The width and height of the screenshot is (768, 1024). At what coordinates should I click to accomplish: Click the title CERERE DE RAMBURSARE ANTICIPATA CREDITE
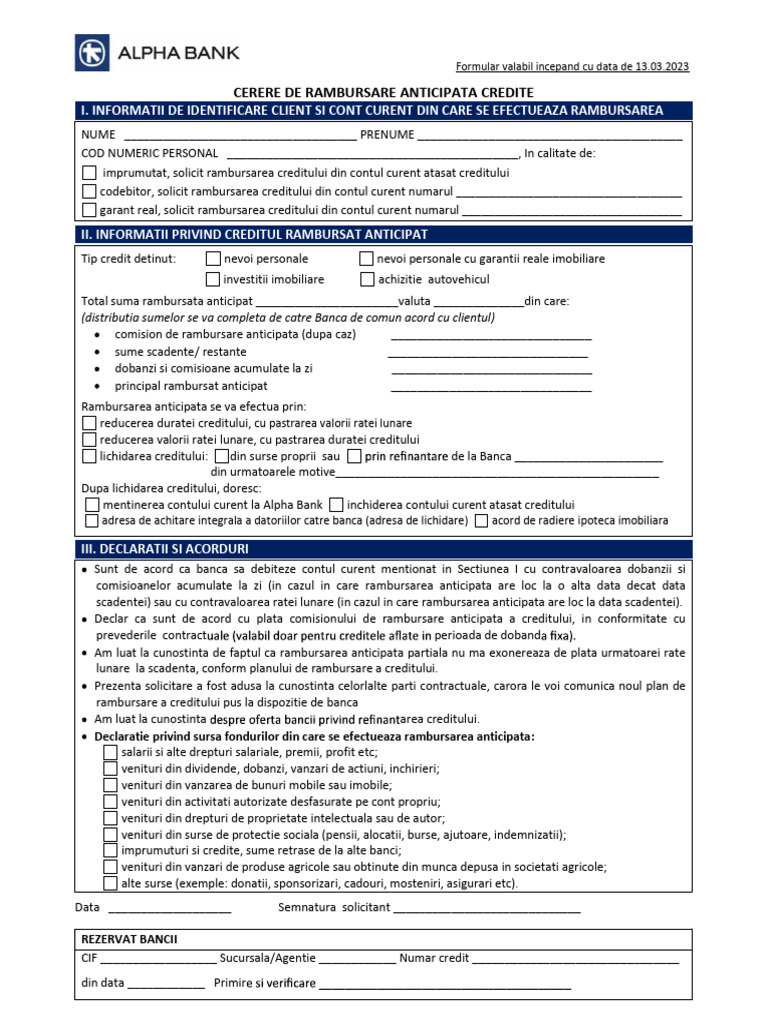[x=383, y=91]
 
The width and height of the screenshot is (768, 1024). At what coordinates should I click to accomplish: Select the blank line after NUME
[x=238, y=135]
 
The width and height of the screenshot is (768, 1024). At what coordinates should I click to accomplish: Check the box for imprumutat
[x=90, y=173]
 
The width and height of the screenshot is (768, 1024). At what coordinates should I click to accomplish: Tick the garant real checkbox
[x=90, y=210]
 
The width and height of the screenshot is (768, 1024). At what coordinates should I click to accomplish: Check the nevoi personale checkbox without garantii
[x=213, y=259]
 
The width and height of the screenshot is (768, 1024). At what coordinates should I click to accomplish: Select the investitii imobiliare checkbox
[x=213, y=279]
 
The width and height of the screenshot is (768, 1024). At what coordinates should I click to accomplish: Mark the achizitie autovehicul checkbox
[x=367, y=279]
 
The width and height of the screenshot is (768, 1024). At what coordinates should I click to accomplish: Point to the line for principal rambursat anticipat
[x=491, y=387]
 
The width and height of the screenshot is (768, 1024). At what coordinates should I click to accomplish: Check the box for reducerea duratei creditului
[x=89, y=423]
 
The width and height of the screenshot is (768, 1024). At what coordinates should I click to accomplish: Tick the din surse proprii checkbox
[x=221, y=456]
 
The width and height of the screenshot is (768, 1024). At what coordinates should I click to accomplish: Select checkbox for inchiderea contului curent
[x=336, y=505]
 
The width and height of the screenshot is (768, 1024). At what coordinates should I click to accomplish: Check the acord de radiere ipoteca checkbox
[x=482, y=521]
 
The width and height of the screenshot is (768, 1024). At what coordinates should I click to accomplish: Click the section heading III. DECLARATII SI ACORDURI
[x=165, y=549]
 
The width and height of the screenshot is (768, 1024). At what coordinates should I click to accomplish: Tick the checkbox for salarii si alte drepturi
[x=110, y=752]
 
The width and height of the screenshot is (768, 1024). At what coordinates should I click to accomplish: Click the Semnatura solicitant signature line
[x=487, y=909]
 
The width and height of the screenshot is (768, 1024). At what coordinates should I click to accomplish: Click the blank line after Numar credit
[x=575, y=958]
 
